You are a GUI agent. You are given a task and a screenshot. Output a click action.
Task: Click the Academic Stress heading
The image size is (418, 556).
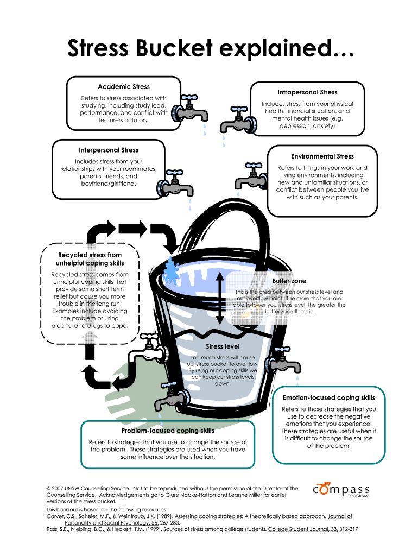[124, 86]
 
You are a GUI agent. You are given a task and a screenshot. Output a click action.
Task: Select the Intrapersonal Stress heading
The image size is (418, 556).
[307, 92]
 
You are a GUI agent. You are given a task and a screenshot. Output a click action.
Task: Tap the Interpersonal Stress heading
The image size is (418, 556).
[109, 150]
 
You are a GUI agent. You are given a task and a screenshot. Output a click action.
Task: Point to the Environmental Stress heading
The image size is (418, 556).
[322, 156]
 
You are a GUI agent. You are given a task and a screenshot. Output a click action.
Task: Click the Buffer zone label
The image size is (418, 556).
[293, 281]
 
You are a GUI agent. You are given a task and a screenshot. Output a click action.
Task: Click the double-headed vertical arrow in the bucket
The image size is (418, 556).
[220, 298]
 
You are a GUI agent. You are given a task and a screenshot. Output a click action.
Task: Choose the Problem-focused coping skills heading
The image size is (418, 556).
[167, 431]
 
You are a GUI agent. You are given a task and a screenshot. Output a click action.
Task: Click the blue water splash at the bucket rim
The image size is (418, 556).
[173, 269]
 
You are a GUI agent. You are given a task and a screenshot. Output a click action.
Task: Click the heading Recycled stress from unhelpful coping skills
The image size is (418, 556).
[90, 259]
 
